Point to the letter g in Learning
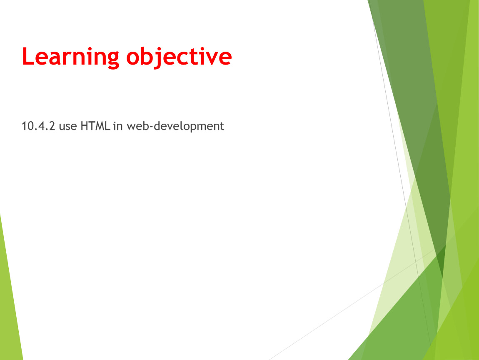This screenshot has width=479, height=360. click(113, 60)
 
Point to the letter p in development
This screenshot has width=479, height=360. click(195, 128)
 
